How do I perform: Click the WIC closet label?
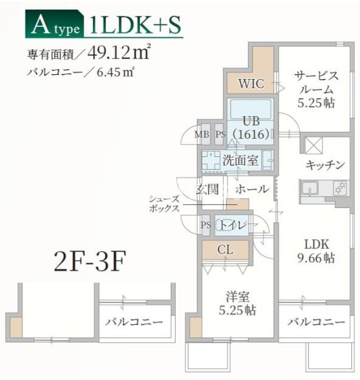pos(251,84)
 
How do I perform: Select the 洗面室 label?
pos(240,161)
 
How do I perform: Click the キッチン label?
pos(325,165)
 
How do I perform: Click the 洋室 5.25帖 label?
pos(238,303)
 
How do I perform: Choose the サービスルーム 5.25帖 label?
pos(316,89)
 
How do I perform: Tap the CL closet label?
pos(225,249)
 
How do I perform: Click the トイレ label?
pos(233,225)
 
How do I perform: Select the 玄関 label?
pos(207,189)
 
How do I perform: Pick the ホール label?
pos(251,189)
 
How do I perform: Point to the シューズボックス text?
pos(164,203)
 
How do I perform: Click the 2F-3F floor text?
pos(89,263)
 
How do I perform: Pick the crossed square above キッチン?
pos(314,146)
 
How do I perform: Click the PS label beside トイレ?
pos(206,225)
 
